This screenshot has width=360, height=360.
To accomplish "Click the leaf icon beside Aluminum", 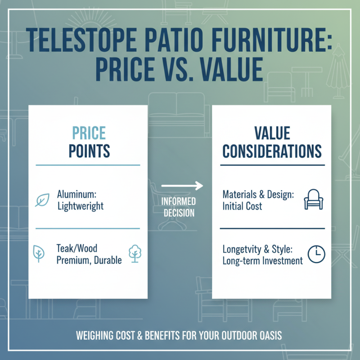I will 42,200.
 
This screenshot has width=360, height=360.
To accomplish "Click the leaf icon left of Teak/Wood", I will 39,254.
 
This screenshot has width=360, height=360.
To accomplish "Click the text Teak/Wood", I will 77,248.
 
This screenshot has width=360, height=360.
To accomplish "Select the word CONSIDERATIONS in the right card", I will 272,151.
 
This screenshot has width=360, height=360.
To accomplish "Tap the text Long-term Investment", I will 262,261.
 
